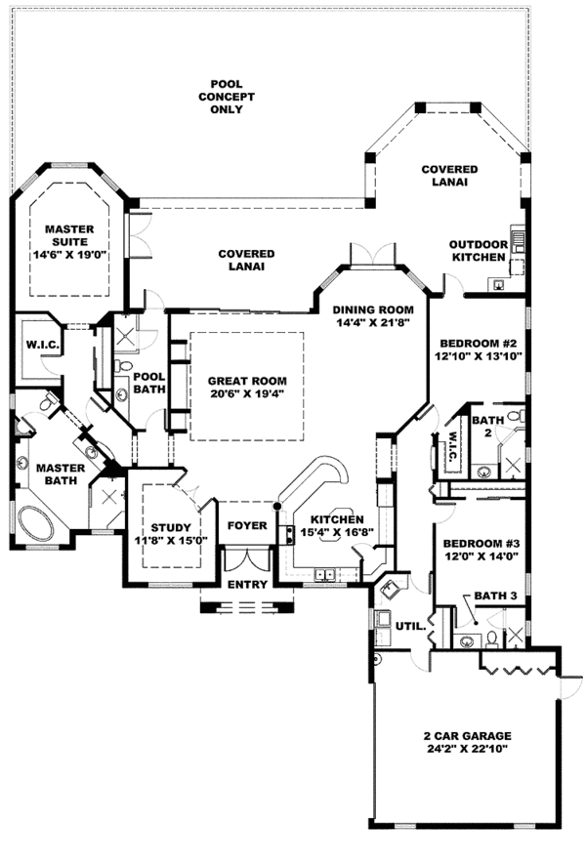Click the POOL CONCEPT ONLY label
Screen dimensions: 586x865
227,97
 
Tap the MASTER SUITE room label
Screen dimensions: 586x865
69,235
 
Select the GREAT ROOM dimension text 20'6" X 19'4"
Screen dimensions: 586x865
247,393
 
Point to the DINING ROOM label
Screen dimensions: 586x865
373,310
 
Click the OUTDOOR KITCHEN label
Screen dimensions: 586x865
478,251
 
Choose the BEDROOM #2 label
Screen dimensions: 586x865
478,343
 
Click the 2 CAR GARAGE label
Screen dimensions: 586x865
468,735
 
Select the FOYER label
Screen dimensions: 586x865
247,525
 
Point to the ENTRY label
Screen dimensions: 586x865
247,584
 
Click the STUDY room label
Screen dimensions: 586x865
171,528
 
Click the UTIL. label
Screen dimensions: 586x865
410,626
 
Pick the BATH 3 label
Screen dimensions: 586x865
495,596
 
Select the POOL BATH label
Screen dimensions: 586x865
149,383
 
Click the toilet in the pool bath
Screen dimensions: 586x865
124,365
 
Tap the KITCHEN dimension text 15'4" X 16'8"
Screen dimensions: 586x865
337,532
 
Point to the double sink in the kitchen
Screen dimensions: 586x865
324,575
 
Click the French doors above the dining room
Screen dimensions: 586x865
372,255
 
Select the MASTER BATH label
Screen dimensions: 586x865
61,474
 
